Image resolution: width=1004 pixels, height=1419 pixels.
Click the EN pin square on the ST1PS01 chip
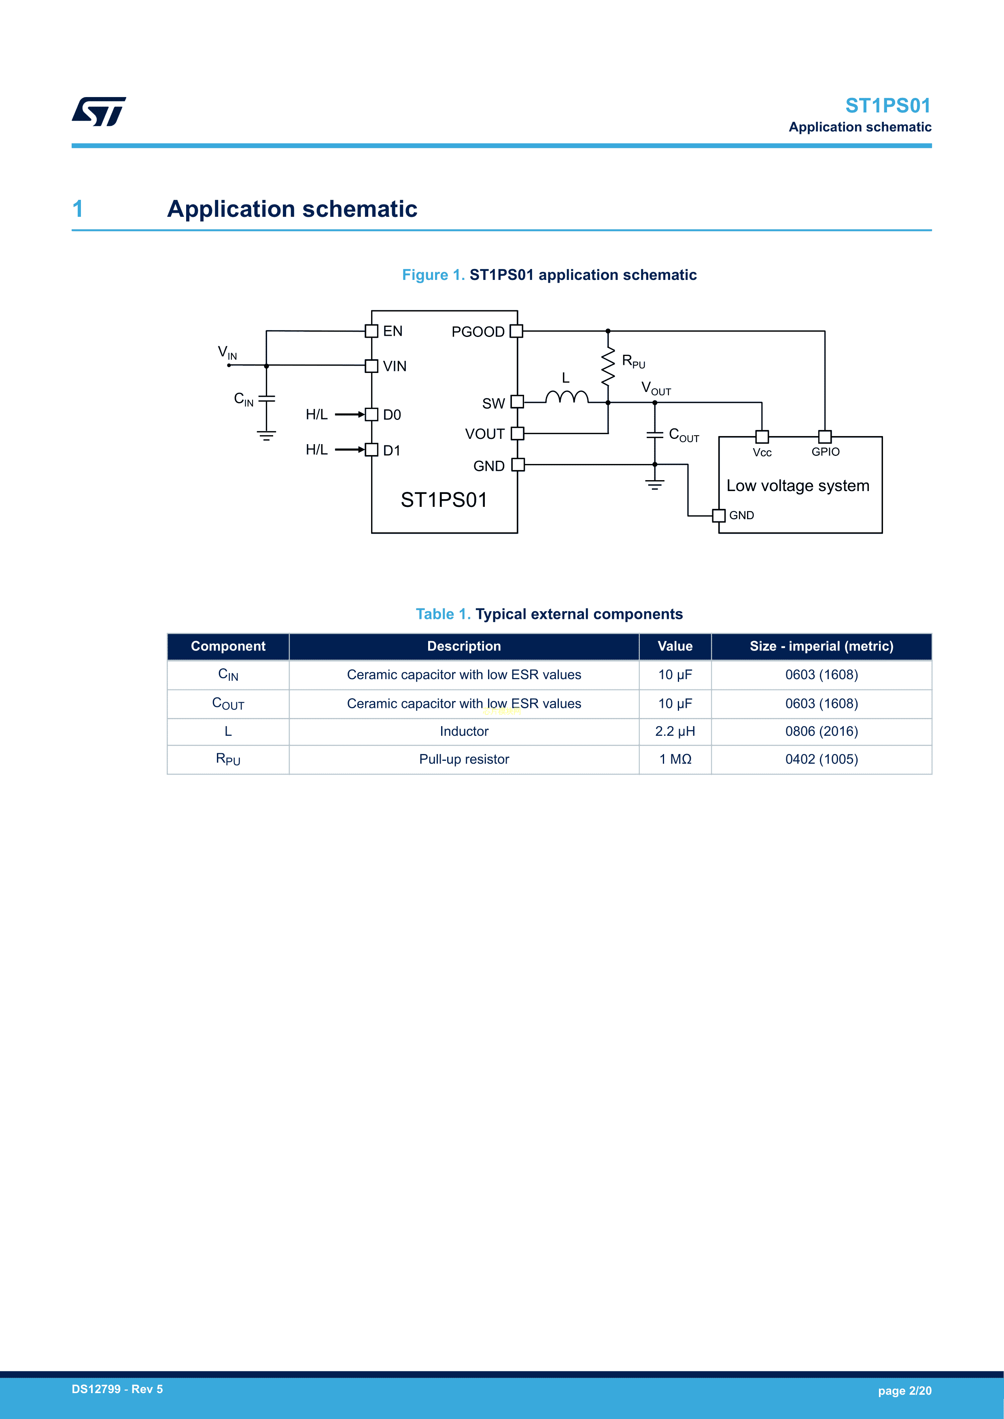(371, 331)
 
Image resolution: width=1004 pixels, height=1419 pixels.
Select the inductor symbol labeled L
(566, 397)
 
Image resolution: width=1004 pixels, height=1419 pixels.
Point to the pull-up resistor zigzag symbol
(608, 366)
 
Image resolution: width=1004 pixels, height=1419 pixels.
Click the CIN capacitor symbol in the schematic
(266, 398)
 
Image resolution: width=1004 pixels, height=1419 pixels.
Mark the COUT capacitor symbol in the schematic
(655, 435)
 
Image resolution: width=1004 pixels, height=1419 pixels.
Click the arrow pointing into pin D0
(350, 414)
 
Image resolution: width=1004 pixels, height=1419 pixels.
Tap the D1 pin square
(371, 450)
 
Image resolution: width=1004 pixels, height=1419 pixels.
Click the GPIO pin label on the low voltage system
(825, 452)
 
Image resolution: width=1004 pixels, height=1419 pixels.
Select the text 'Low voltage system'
(798, 486)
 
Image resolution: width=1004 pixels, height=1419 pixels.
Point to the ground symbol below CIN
(266, 436)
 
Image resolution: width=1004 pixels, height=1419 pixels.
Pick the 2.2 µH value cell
(675, 732)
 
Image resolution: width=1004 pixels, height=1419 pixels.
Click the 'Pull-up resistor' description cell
(464, 760)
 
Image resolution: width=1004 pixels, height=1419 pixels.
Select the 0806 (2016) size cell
(821, 732)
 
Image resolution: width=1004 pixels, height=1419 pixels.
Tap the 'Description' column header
(464, 646)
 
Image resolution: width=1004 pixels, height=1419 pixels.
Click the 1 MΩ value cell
(675, 760)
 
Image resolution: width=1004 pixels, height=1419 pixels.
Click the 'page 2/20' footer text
(904, 1391)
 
